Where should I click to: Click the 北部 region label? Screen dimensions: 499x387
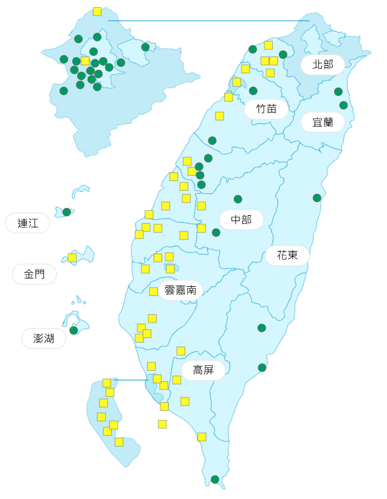pyautogui.click(x=323, y=64)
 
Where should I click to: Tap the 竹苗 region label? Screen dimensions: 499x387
pyautogui.click(x=266, y=109)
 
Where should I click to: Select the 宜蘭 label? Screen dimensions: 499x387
pyautogui.click(x=323, y=122)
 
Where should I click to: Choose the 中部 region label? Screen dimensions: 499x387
pyautogui.click(x=241, y=219)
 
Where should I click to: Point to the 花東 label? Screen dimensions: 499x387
pyautogui.click(x=287, y=255)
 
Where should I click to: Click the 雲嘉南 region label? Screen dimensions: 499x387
pyautogui.click(x=180, y=291)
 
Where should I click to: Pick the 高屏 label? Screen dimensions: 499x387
pyautogui.click(x=203, y=370)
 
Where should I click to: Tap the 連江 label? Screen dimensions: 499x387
pyautogui.click(x=27, y=223)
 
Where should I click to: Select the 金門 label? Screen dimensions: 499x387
pyautogui.click(x=34, y=274)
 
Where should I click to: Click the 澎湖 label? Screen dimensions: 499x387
pyautogui.click(x=44, y=339)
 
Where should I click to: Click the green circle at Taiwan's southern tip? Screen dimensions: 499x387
pyautogui.click(x=214, y=480)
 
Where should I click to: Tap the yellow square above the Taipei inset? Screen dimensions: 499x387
pyautogui.click(x=97, y=12)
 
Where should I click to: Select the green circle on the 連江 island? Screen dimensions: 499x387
pyautogui.click(x=67, y=212)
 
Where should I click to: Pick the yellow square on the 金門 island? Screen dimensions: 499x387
pyautogui.click(x=72, y=258)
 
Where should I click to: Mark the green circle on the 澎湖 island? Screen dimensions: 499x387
pyautogui.click(x=74, y=331)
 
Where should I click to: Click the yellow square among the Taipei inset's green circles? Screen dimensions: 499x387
pyautogui.click(x=85, y=61)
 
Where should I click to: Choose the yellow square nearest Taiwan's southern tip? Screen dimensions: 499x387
pyautogui.click(x=202, y=437)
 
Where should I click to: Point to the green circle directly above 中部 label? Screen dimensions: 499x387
pyautogui.click(x=238, y=199)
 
